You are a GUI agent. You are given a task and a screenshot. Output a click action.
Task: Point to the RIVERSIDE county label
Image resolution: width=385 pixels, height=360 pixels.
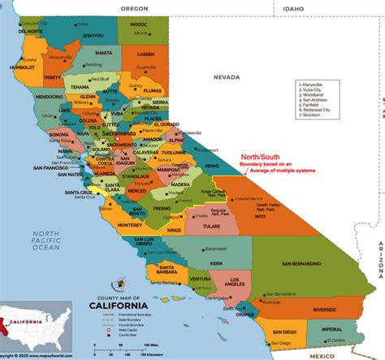tap(312, 310)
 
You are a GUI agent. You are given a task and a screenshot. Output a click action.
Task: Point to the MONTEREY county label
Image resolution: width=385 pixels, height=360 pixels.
tap(131, 224)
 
